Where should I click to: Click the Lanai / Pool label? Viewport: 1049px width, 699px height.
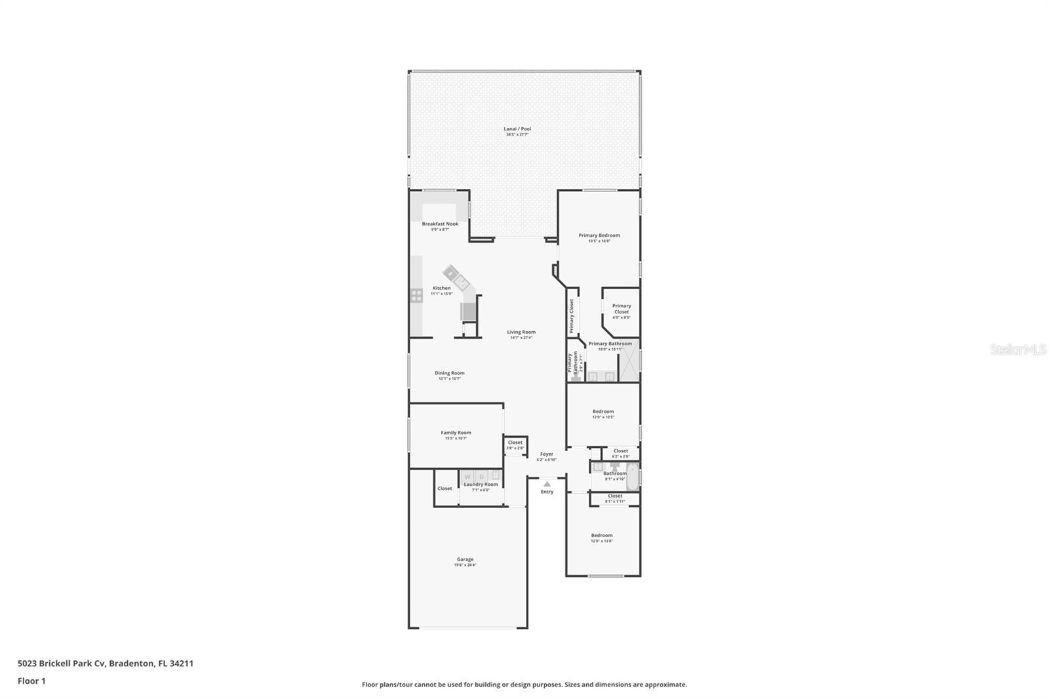(517, 129)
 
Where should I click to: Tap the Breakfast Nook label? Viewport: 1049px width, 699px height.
(440, 224)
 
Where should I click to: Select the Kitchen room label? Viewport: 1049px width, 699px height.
(441, 288)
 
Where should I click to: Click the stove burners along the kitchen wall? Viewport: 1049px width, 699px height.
(416, 296)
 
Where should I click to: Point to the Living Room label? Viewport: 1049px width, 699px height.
(521, 332)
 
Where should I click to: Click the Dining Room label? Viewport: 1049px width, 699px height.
(449, 373)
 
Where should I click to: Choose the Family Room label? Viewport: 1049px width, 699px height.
(456, 433)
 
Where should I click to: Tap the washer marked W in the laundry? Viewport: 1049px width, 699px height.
(467, 477)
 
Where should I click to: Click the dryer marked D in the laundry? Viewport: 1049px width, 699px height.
(482, 477)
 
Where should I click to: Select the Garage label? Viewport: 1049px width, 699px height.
(465, 559)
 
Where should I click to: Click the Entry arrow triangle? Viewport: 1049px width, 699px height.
(547, 484)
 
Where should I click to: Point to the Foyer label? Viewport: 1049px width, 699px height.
(546, 454)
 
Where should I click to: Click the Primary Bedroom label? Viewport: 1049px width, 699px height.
(599, 235)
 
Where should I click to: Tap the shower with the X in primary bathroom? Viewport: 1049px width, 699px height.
(629, 360)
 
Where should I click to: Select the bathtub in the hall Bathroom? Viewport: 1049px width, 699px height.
(632, 476)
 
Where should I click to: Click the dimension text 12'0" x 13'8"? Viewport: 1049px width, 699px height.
(601, 541)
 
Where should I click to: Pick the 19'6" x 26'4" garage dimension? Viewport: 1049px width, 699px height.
(465, 565)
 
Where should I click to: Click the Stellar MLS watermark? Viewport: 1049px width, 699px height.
(1018, 350)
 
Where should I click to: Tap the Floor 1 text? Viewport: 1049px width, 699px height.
(31, 681)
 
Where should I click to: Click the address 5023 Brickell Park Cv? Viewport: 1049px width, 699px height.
(62, 664)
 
